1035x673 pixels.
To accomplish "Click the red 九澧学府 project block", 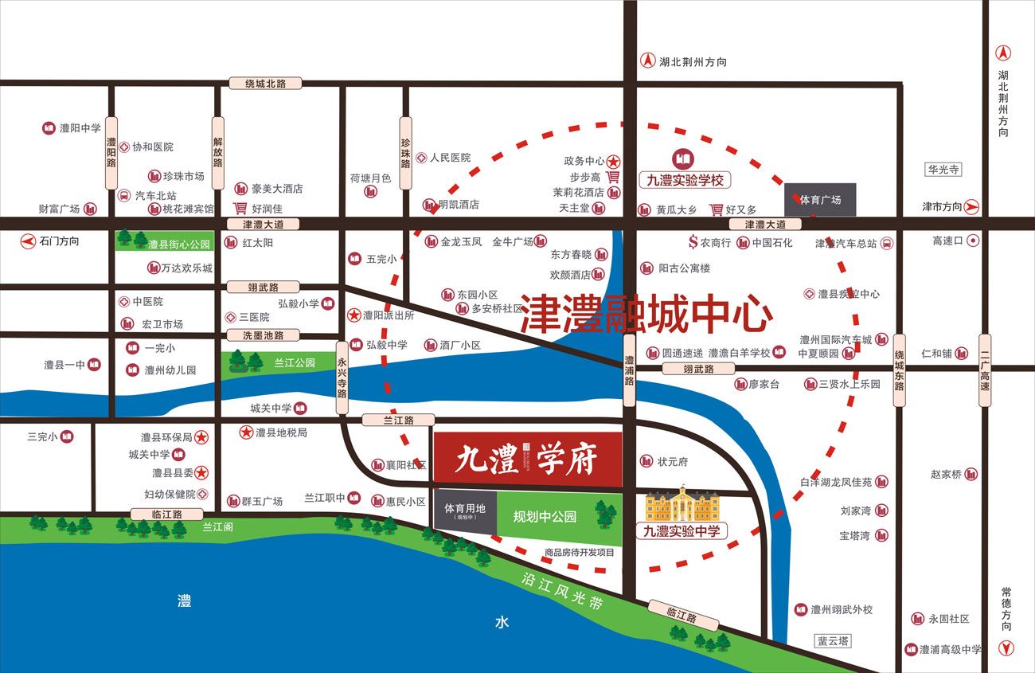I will coord(527,458).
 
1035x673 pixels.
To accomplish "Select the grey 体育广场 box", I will coord(820,200).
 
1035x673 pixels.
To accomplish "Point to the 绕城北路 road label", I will coord(265,83).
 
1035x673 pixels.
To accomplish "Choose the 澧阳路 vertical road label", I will coord(111,153).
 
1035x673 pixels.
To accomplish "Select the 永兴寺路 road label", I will coord(342,378).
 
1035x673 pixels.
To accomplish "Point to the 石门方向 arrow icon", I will coord(29,241).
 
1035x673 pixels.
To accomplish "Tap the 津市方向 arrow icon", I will coord(971,207).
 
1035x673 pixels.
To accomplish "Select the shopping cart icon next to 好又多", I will coord(717,209).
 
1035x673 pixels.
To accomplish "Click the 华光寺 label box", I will coord(943,170).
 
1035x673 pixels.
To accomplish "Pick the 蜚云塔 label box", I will coord(834,640).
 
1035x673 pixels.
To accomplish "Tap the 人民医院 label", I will coord(450,158).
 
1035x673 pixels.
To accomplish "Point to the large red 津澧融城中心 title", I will coord(646,314).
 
